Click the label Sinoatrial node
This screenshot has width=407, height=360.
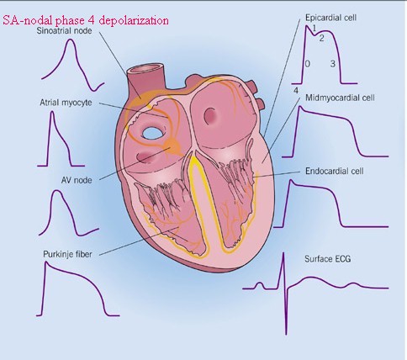[x=64, y=30]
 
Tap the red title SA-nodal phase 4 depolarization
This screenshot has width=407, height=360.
[x=86, y=20]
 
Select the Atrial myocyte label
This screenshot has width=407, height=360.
[x=66, y=103]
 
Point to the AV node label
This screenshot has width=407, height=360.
[x=77, y=180]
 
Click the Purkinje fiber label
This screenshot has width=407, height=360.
[x=67, y=254]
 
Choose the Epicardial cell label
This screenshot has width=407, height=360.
[x=330, y=18]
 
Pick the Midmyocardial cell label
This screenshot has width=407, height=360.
[x=340, y=98]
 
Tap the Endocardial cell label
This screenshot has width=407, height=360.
[x=335, y=171]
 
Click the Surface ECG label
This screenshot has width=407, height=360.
[x=328, y=258]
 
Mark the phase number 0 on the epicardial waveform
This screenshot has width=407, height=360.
[x=308, y=64]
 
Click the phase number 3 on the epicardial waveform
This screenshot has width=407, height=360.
[x=333, y=64]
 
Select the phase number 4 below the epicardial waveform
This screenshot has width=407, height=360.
[x=296, y=91]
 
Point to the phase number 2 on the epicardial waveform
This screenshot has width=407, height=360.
[x=321, y=38]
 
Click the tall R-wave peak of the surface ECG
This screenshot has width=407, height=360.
[x=283, y=253]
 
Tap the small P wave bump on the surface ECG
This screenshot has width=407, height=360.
[x=260, y=283]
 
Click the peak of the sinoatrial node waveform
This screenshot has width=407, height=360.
[x=71, y=40]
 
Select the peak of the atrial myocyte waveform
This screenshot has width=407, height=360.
[x=52, y=112]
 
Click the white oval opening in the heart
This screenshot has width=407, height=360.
[x=152, y=133]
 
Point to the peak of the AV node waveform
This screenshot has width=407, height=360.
[x=57, y=191]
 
